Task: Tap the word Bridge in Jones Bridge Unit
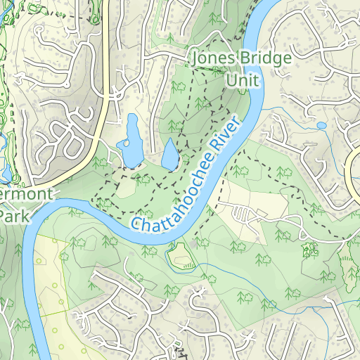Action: click(264, 58)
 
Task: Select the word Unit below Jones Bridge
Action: click(242, 81)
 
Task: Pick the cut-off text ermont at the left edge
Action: click(22, 193)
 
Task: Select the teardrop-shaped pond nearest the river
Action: click(170, 155)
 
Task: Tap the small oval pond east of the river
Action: click(321, 125)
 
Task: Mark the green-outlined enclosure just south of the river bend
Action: click(181, 257)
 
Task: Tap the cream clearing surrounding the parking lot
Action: click(260, 200)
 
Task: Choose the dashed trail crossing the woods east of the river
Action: click(281, 176)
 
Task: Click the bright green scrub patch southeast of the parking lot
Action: click(308, 250)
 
